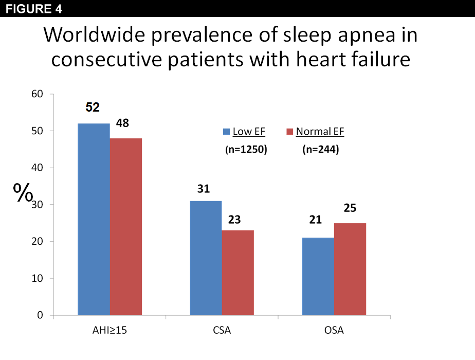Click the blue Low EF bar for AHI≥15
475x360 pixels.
(x=94, y=219)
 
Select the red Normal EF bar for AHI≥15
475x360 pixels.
(x=125, y=226)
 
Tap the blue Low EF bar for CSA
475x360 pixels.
(x=206, y=258)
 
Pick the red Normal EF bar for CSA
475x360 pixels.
(x=238, y=273)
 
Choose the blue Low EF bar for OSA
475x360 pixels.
(x=318, y=276)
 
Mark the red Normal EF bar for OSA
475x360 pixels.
(x=350, y=269)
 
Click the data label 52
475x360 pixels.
(x=93, y=107)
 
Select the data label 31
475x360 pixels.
(x=204, y=189)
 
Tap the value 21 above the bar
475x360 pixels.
(x=315, y=220)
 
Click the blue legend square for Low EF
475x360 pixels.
(x=226, y=132)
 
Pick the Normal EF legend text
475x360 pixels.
(x=320, y=132)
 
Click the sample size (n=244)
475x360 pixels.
(x=319, y=150)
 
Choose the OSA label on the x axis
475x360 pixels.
(x=334, y=331)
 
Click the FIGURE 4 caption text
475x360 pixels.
(x=29, y=9)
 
